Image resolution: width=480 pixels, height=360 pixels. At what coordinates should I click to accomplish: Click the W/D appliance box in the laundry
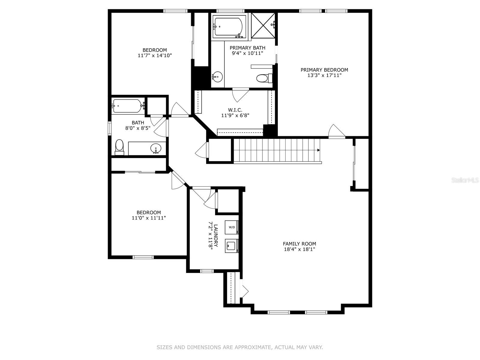pos(232,227)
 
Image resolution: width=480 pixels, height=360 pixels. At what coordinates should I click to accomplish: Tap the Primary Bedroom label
pos(324,70)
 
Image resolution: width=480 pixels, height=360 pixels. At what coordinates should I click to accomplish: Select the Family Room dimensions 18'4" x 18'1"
pos(299,249)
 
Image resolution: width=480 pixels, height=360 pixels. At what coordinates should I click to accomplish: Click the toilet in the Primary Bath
pos(262,79)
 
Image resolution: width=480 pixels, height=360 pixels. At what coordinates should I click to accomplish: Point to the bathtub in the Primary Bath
pos(229,27)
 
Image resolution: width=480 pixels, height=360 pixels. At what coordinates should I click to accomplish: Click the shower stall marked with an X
pos(263,25)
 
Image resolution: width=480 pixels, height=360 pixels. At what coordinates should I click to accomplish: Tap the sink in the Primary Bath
pos(217,76)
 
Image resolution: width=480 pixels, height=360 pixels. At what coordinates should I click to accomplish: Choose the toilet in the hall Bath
pos(119,146)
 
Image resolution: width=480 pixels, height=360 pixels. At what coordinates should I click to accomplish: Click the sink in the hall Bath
pos(156,148)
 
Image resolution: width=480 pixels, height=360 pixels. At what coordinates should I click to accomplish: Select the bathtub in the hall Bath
pos(127,106)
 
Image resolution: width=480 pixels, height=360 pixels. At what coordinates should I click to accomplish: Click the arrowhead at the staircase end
pos(318,150)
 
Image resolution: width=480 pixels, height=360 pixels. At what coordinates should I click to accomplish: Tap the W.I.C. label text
pos(235,110)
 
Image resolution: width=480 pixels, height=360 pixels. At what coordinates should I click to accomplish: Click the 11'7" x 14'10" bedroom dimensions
pos(155,55)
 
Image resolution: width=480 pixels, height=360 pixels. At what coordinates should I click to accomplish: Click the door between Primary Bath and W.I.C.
pos(241,94)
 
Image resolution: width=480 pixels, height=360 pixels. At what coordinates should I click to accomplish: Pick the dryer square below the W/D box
pos(231,246)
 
